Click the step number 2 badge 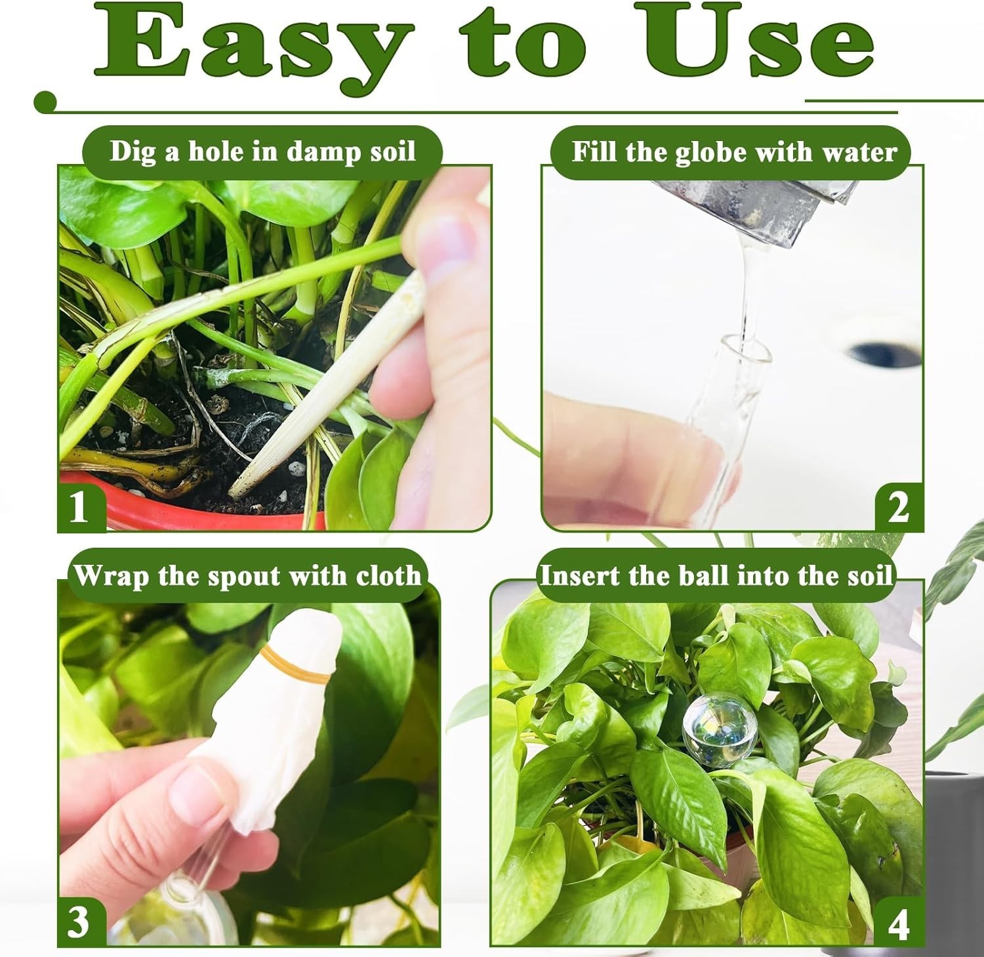pos(899,507)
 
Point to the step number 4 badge pos(898,923)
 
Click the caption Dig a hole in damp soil pos(262,152)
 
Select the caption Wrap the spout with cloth pos(247,575)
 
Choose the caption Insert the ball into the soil pos(716,575)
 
